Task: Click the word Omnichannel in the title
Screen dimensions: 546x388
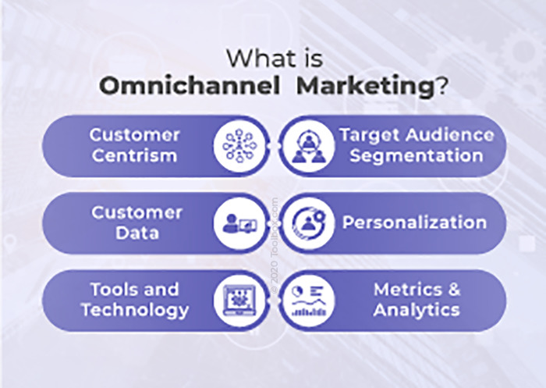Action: click(190, 86)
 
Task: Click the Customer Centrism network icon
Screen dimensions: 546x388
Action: click(239, 146)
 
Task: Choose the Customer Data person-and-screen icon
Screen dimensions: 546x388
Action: click(239, 223)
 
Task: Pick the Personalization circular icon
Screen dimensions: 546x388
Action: click(308, 223)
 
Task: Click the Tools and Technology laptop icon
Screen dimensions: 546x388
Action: click(239, 301)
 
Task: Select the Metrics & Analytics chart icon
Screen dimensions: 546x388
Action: click(308, 301)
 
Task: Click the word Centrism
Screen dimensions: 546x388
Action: click(134, 155)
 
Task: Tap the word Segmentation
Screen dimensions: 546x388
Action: click(417, 155)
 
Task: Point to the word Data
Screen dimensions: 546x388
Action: click(137, 233)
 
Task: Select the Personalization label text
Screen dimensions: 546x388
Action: click(414, 222)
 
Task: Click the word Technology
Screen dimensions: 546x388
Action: click(135, 310)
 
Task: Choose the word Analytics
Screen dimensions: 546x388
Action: click(417, 310)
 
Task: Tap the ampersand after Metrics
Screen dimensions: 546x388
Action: click(455, 290)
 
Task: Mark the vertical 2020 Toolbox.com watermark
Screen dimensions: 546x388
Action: click(275, 245)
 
